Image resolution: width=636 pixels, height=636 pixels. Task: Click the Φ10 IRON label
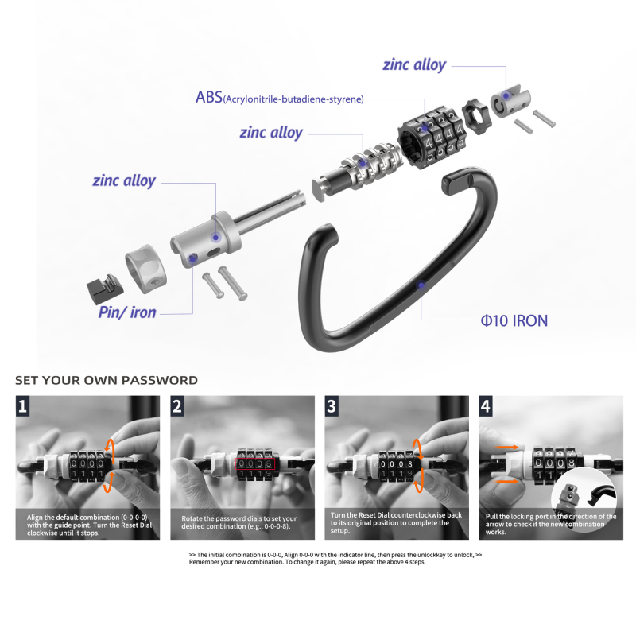[x=514, y=320]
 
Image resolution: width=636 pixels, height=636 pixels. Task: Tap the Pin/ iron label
[x=127, y=312]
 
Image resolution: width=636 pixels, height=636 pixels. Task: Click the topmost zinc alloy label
[x=414, y=64]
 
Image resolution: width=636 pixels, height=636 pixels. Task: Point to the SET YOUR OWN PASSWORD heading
[x=107, y=380]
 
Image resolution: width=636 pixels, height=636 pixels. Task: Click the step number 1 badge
[x=23, y=406]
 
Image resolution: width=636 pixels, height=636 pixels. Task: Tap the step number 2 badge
[x=177, y=406]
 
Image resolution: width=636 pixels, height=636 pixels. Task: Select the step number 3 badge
[x=332, y=406]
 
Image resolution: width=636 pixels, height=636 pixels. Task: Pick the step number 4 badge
[x=486, y=406]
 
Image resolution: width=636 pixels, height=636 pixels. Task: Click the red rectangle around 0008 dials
[x=255, y=464]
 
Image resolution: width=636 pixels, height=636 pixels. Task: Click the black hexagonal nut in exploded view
[x=476, y=117]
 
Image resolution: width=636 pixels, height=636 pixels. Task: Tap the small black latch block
[x=105, y=289]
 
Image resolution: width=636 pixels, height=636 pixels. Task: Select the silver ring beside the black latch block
[x=145, y=269]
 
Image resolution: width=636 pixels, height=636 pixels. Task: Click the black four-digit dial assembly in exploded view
[x=431, y=137]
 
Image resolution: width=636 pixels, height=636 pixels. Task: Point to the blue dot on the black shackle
[x=421, y=285]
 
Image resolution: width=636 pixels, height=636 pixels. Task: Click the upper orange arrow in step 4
[x=506, y=448]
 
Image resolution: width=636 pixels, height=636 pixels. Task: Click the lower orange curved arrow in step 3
[x=419, y=481]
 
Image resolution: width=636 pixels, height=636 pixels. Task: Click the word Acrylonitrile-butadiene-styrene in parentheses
[x=293, y=99]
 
